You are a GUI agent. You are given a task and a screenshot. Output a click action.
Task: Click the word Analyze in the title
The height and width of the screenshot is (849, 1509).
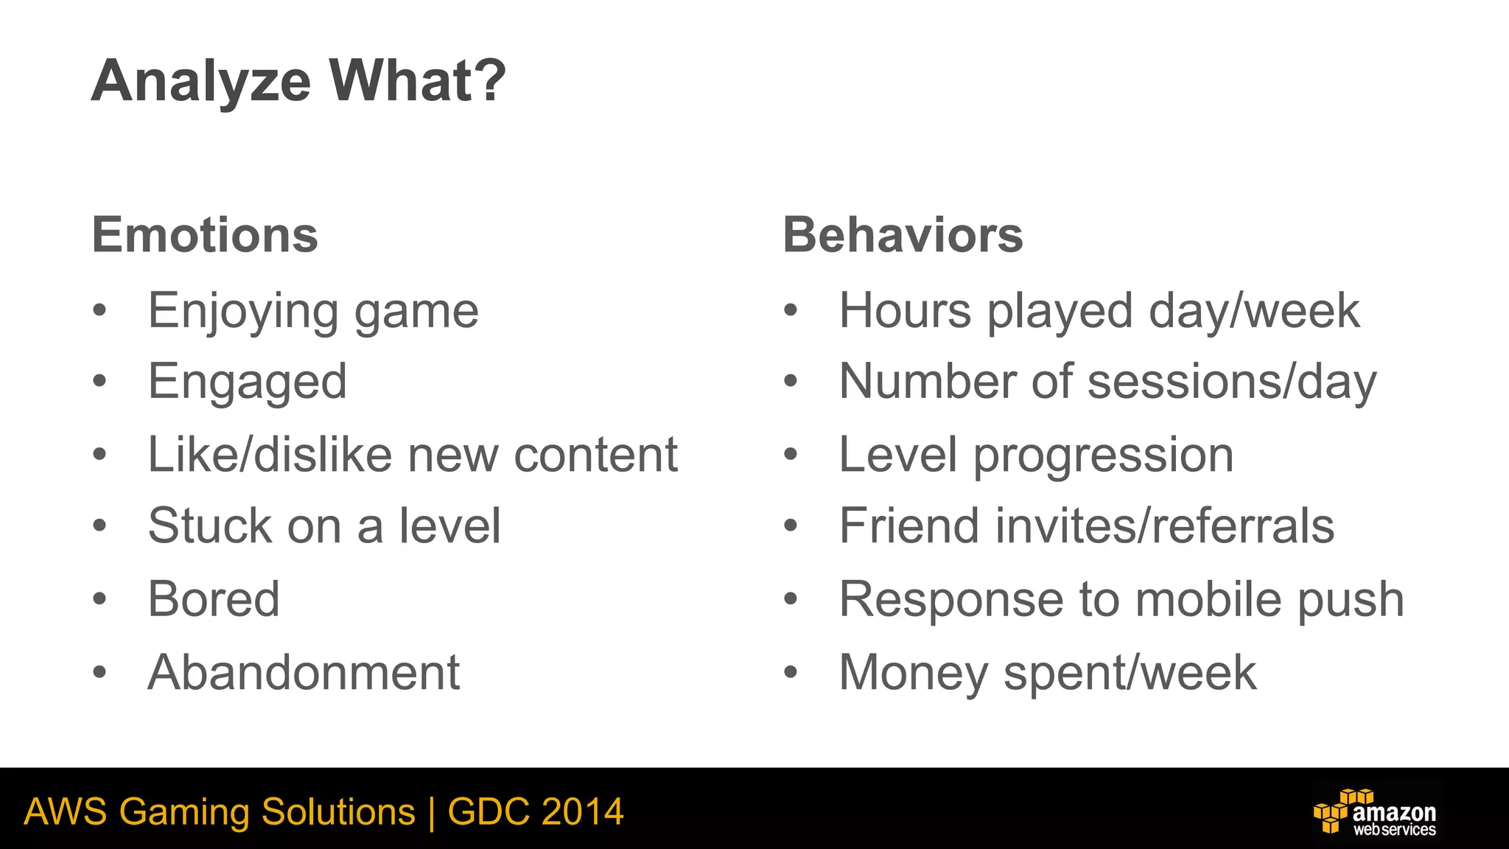[201, 81]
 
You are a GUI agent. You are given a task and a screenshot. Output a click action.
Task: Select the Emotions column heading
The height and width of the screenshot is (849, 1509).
[205, 235]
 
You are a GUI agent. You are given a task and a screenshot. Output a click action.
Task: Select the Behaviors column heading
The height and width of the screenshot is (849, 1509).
[903, 235]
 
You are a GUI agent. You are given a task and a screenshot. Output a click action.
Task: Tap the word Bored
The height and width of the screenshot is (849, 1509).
[214, 598]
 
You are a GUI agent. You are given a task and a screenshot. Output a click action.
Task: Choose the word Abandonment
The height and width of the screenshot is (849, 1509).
[304, 672]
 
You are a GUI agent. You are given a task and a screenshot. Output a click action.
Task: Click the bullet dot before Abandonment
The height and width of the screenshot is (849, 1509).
[100, 672]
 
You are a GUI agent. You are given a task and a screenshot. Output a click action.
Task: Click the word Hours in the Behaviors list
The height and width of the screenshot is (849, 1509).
[905, 310]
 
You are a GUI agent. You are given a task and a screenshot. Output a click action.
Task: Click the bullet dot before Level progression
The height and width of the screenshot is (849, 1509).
[791, 455]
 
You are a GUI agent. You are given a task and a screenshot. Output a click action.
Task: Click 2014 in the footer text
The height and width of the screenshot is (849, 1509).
[582, 812]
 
